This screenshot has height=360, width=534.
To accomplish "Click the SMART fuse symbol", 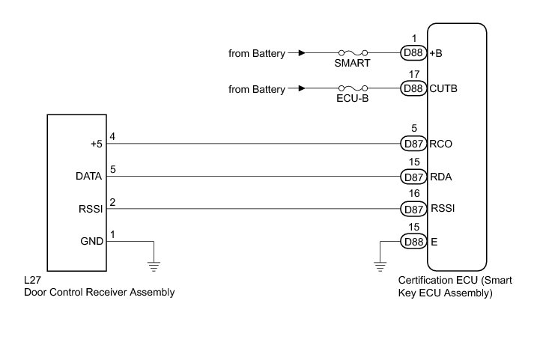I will tap(354, 53).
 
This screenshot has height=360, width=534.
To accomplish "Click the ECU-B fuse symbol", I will tap(354, 89).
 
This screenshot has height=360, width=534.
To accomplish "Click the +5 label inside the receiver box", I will tap(95, 144).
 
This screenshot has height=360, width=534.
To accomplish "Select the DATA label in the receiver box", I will tap(90, 177).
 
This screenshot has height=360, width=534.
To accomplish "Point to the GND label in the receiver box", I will tap(91, 241).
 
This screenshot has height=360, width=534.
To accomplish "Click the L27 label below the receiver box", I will tap(32, 280).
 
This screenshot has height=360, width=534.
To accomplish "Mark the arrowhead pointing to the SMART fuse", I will tap(301, 53).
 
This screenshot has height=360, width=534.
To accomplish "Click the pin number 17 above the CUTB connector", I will tap(414, 74).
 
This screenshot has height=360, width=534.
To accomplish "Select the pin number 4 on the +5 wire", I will tap(113, 136).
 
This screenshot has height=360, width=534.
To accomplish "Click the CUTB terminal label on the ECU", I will tap(444, 89).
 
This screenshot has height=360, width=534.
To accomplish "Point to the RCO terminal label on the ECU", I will tap(442, 143).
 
